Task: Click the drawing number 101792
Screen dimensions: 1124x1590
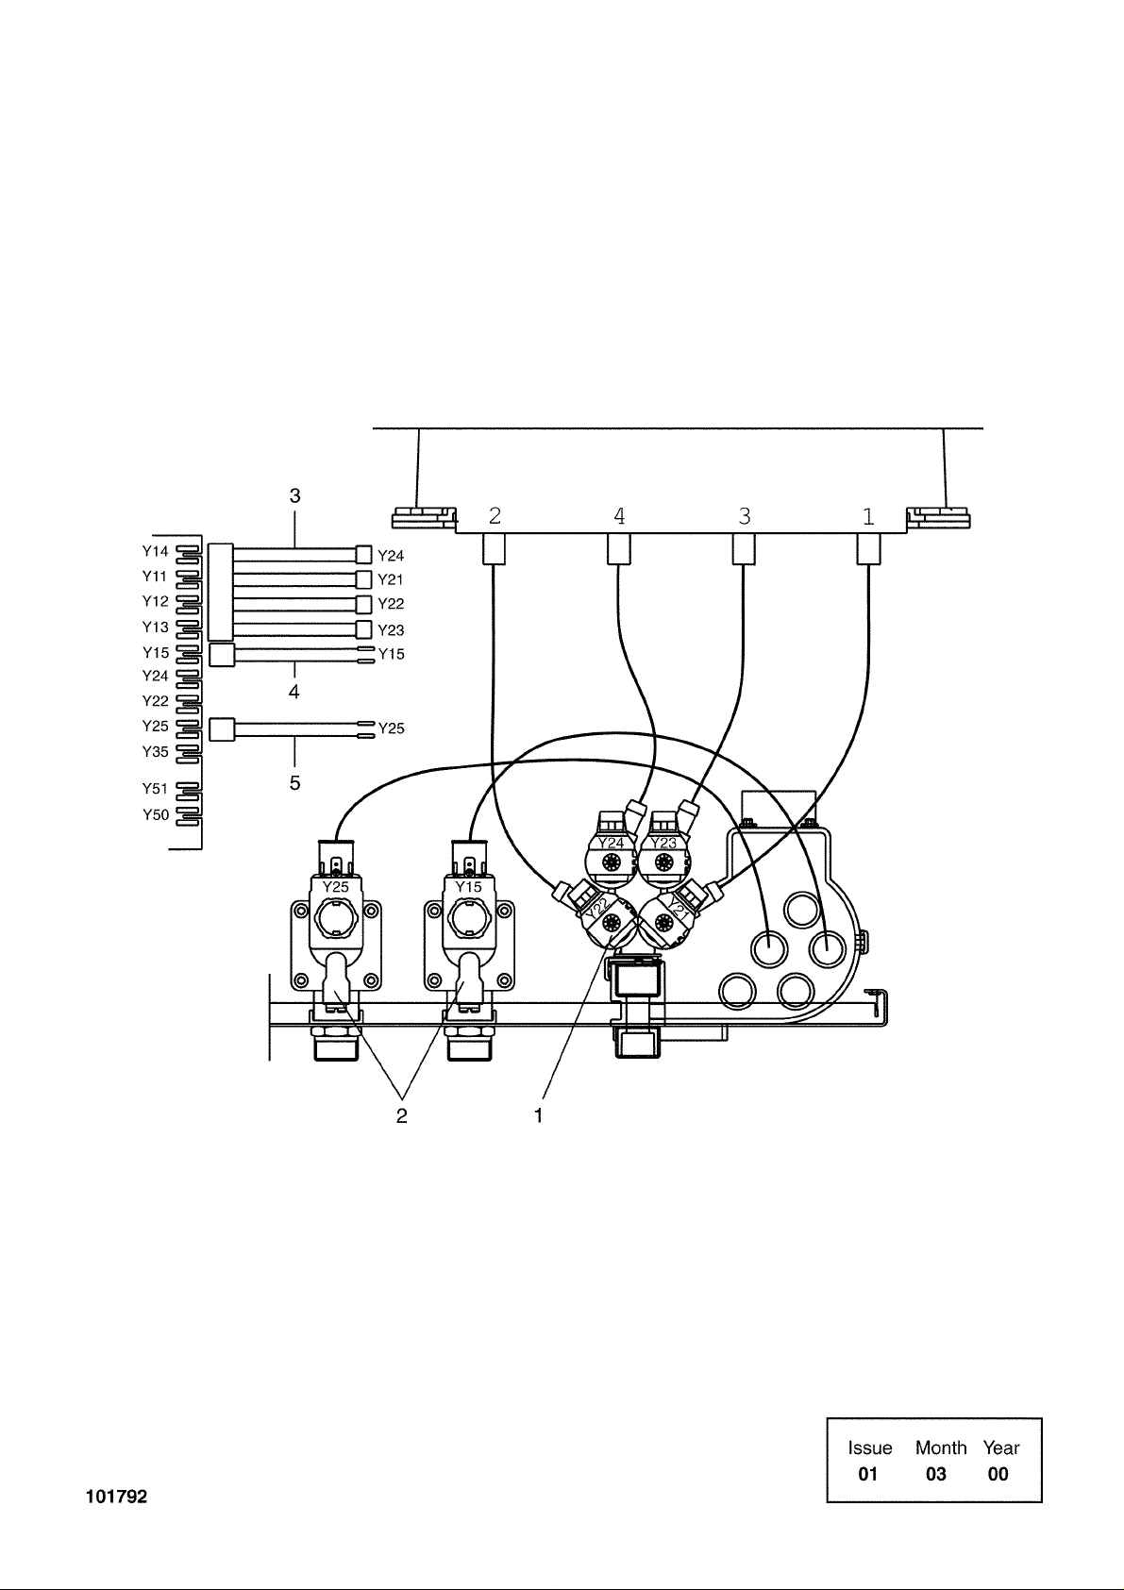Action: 117,1498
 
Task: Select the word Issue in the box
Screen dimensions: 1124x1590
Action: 869,1448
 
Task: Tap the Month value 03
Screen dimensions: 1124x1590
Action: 935,1474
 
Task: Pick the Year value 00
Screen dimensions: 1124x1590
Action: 998,1474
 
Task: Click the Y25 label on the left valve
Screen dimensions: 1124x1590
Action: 336,887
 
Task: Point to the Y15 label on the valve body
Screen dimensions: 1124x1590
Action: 469,887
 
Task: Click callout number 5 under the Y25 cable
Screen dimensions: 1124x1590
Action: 294,783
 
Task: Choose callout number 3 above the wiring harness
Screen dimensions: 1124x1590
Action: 294,495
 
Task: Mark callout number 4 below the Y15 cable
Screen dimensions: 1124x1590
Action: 294,693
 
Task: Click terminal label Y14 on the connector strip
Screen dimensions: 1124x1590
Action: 156,551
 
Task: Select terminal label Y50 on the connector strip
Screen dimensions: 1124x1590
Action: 156,815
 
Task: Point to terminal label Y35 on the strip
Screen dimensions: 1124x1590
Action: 156,752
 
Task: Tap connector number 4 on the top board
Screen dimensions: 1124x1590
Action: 619,516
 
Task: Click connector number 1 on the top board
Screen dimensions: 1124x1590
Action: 868,516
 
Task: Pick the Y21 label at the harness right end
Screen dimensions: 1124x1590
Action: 391,579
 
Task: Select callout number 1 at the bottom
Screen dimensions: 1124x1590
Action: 539,1115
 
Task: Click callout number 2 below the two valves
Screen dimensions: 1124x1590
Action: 402,1115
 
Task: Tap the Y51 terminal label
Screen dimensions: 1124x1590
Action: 156,789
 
